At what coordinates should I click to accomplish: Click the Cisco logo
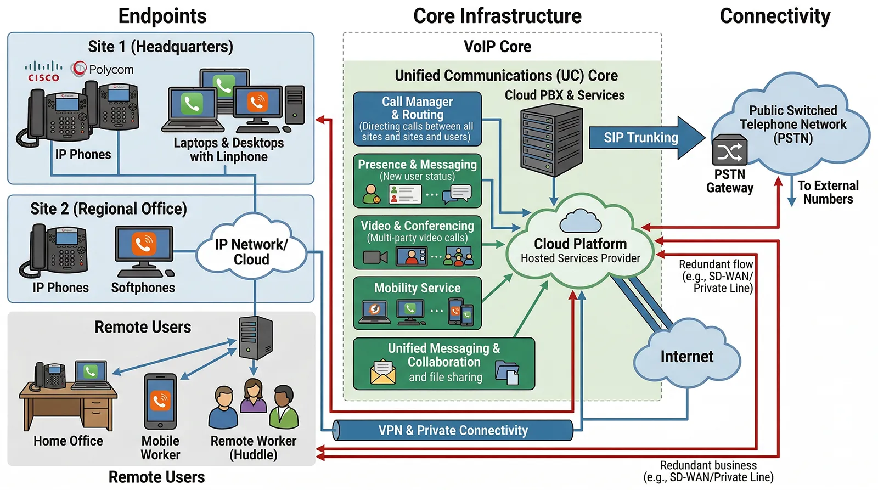[x=43, y=71]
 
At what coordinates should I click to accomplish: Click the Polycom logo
[x=103, y=70]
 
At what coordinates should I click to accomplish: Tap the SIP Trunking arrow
[x=642, y=138]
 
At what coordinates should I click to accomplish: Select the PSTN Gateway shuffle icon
[x=729, y=151]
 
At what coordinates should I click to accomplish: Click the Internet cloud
[x=687, y=357]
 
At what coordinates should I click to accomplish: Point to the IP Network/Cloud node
[x=251, y=251]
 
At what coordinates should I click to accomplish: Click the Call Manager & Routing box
[x=417, y=119]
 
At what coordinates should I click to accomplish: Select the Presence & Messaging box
[x=417, y=181]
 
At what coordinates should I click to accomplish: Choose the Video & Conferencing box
[x=417, y=242]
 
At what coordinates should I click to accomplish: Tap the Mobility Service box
[x=417, y=303]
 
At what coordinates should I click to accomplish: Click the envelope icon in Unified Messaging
[x=382, y=371]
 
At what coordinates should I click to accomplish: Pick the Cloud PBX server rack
[x=551, y=140]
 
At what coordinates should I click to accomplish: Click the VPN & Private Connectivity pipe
[x=453, y=430]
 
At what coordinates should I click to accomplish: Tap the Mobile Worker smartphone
[x=160, y=402]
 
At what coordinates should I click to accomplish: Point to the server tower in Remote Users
[x=256, y=337]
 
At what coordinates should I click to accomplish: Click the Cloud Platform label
[x=580, y=244]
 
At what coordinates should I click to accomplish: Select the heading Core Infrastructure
[x=497, y=16]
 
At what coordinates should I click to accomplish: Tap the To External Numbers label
[x=828, y=192]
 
